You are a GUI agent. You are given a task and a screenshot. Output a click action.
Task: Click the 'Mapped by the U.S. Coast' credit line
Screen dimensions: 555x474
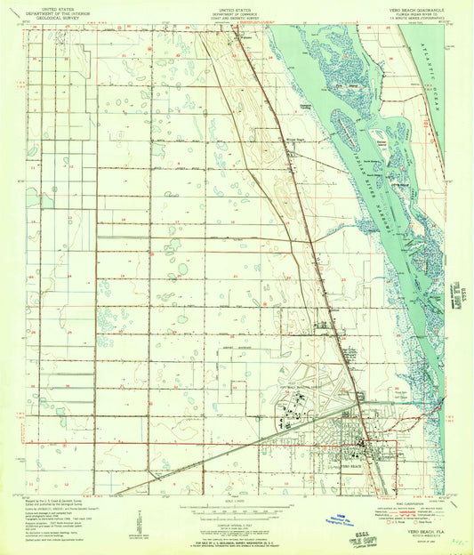[x=53, y=503]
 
